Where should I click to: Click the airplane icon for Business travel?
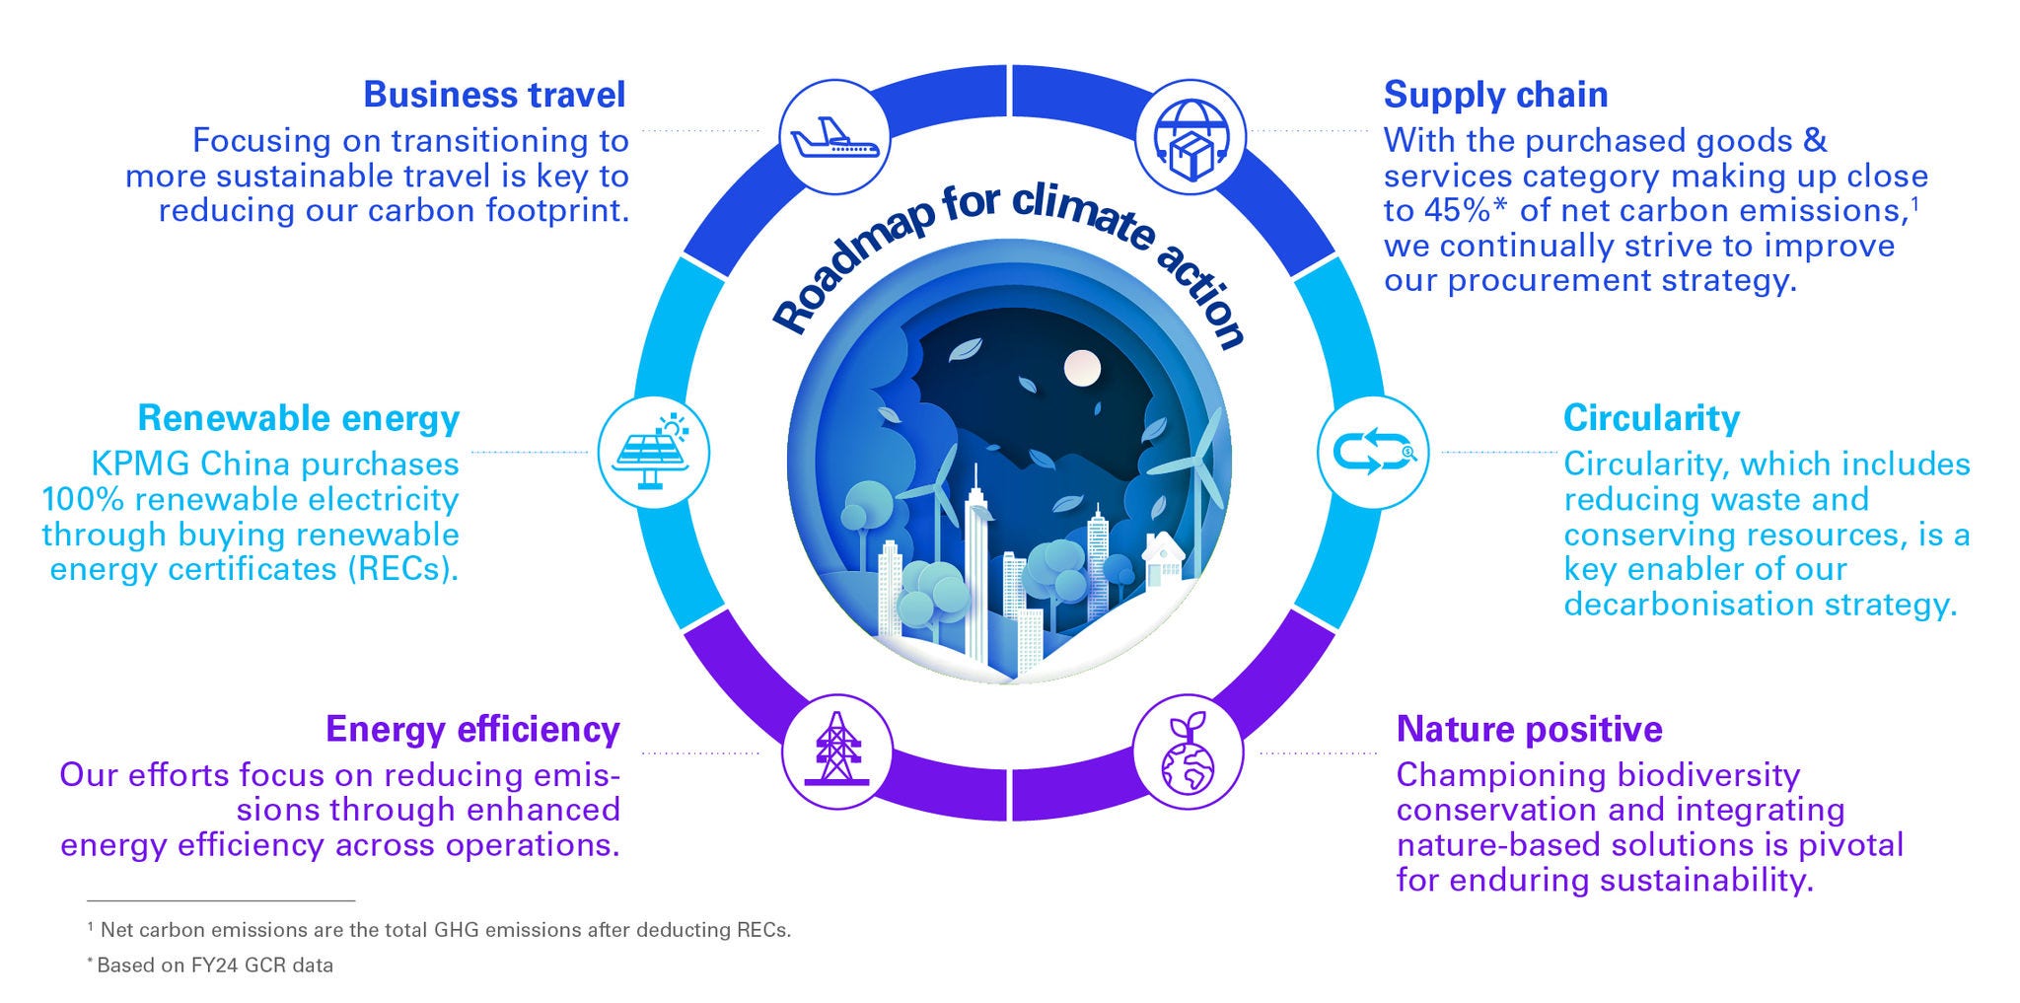click(834, 137)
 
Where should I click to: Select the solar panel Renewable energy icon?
click(653, 453)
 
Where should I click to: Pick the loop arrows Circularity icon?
click(1373, 453)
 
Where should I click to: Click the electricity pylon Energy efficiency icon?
click(836, 752)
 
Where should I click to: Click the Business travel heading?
click(494, 95)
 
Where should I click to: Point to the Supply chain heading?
click(1495, 95)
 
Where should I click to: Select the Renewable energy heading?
click(299, 418)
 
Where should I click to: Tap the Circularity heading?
click(1651, 418)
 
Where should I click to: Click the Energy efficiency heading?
click(472, 729)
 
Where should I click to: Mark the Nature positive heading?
click(1529, 729)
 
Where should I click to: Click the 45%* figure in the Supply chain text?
click(1466, 211)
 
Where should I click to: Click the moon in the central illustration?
click(1081, 368)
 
